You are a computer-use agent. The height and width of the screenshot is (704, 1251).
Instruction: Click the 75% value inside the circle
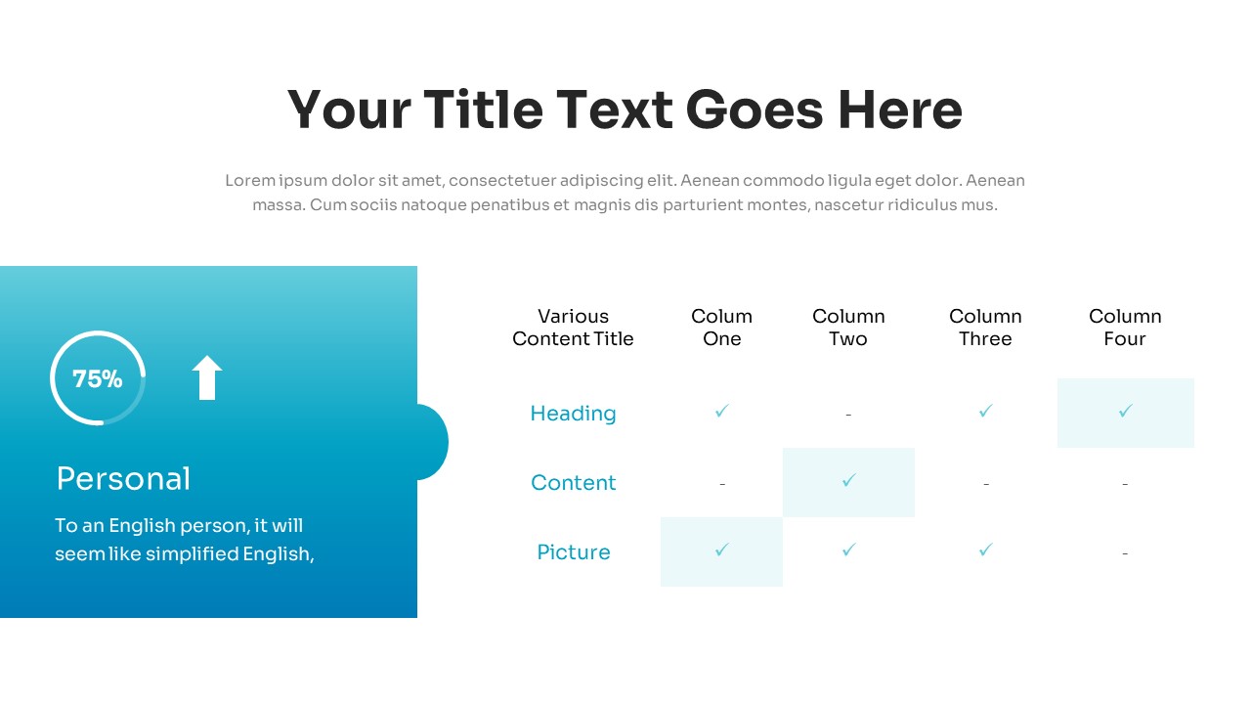click(97, 378)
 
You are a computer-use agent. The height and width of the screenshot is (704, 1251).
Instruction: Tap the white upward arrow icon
click(207, 377)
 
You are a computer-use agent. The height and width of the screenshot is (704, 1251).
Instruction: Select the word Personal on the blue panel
click(123, 479)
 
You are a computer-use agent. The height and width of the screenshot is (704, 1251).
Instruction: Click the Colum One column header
click(721, 328)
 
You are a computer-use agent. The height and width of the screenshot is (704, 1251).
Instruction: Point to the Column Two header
click(848, 328)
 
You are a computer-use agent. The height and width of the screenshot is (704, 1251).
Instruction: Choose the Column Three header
click(986, 328)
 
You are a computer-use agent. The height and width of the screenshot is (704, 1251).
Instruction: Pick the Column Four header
click(1125, 328)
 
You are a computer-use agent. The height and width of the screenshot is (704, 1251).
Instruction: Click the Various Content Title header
click(573, 328)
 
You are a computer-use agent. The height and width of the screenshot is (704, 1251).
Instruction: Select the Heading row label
click(573, 414)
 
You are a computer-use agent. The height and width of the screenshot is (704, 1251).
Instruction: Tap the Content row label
click(573, 483)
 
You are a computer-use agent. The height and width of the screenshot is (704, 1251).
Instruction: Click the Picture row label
click(574, 552)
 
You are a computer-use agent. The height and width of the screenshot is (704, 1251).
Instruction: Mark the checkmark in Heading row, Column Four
click(1125, 411)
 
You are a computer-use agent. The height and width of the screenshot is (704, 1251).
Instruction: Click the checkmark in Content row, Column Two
click(849, 480)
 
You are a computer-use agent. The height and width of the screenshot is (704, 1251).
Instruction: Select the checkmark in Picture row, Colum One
click(721, 550)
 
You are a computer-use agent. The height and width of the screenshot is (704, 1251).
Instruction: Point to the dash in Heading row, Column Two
click(848, 415)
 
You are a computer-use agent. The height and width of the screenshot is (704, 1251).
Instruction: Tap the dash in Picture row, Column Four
click(1125, 553)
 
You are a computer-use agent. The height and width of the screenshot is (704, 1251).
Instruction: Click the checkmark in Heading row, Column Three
click(986, 411)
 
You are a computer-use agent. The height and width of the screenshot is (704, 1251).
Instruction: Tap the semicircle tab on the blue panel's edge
click(433, 442)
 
